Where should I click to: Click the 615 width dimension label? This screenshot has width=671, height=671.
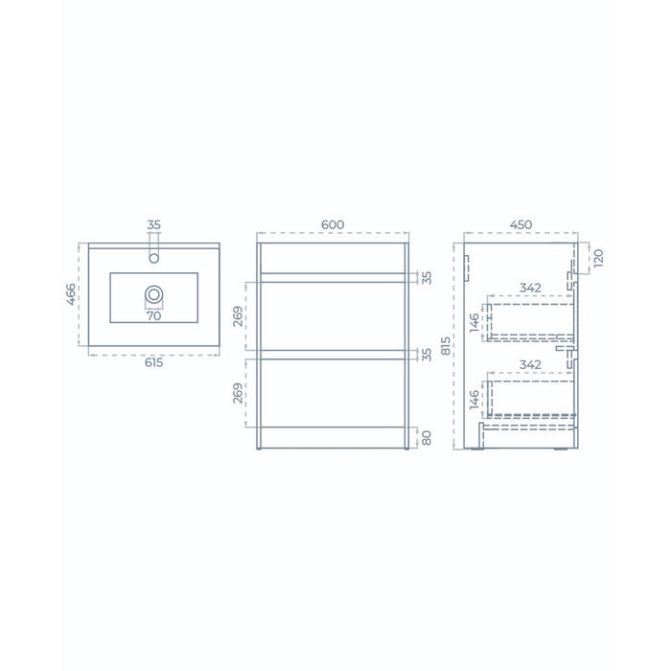(153, 362)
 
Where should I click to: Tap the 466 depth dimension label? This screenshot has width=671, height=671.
(71, 294)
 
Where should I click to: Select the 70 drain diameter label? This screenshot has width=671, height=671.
(153, 315)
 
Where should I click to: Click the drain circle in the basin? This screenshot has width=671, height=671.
(153, 295)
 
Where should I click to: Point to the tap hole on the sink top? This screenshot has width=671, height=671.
(153, 258)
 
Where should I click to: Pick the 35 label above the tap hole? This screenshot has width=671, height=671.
(153, 224)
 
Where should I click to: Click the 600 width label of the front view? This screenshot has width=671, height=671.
(333, 224)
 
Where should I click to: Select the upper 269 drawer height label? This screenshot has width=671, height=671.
(238, 316)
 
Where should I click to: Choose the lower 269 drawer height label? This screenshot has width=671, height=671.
(238, 393)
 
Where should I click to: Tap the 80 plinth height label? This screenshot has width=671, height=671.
(427, 438)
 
